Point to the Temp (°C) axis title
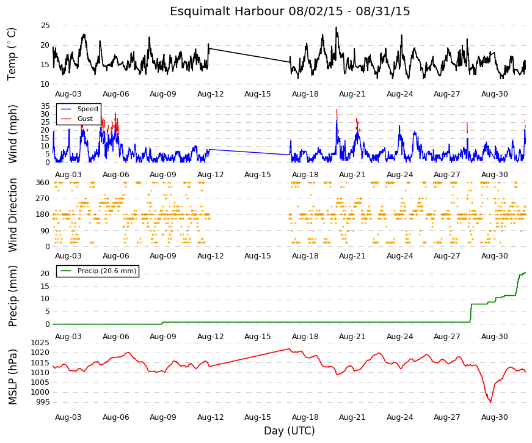click(x=12, y=54)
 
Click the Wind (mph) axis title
click(x=12, y=134)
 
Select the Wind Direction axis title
click(x=12, y=215)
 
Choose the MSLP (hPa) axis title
click(x=12, y=377)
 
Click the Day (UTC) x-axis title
click(x=290, y=431)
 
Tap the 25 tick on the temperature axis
click(x=45, y=26)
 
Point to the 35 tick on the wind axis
click(x=45, y=106)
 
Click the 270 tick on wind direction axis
click(x=43, y=199)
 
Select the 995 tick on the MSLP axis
click(x=43, y=402)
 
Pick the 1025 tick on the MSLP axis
click(x=40, y=343)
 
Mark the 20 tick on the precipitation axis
click(x=45, y=274)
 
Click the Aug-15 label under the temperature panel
click(x=258, y=94)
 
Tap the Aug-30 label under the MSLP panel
click(x=494, y=417)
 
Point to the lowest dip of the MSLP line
click(x=490, y=402)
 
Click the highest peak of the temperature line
click(x=336, y=27)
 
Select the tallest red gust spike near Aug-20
click(x=337, y=114)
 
